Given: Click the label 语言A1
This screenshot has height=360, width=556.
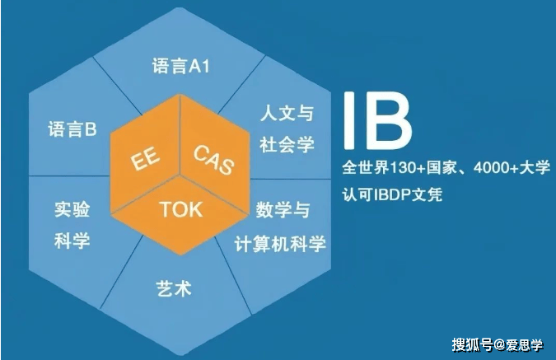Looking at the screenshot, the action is click(181, 66).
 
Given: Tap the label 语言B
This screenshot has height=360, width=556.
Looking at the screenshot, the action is click(72, 129).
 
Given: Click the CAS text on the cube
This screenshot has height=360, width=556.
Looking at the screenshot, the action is click(214, 159).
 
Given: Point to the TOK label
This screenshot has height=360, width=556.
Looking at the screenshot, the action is click(181, 209).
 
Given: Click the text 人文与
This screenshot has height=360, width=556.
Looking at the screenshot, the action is click(287, 114).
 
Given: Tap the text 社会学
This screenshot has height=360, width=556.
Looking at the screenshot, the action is click(287, 144).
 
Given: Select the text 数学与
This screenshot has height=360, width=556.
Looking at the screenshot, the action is click(283, 209).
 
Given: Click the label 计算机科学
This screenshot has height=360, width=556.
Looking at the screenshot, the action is click(280, 244).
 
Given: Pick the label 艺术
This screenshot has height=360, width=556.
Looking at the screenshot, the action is click(174, 288).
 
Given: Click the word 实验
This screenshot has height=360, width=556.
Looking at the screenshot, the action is click(72, 209).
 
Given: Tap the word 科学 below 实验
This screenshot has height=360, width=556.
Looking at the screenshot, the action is click(72, 241).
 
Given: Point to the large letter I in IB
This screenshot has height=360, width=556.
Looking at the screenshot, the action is click(349, 120).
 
